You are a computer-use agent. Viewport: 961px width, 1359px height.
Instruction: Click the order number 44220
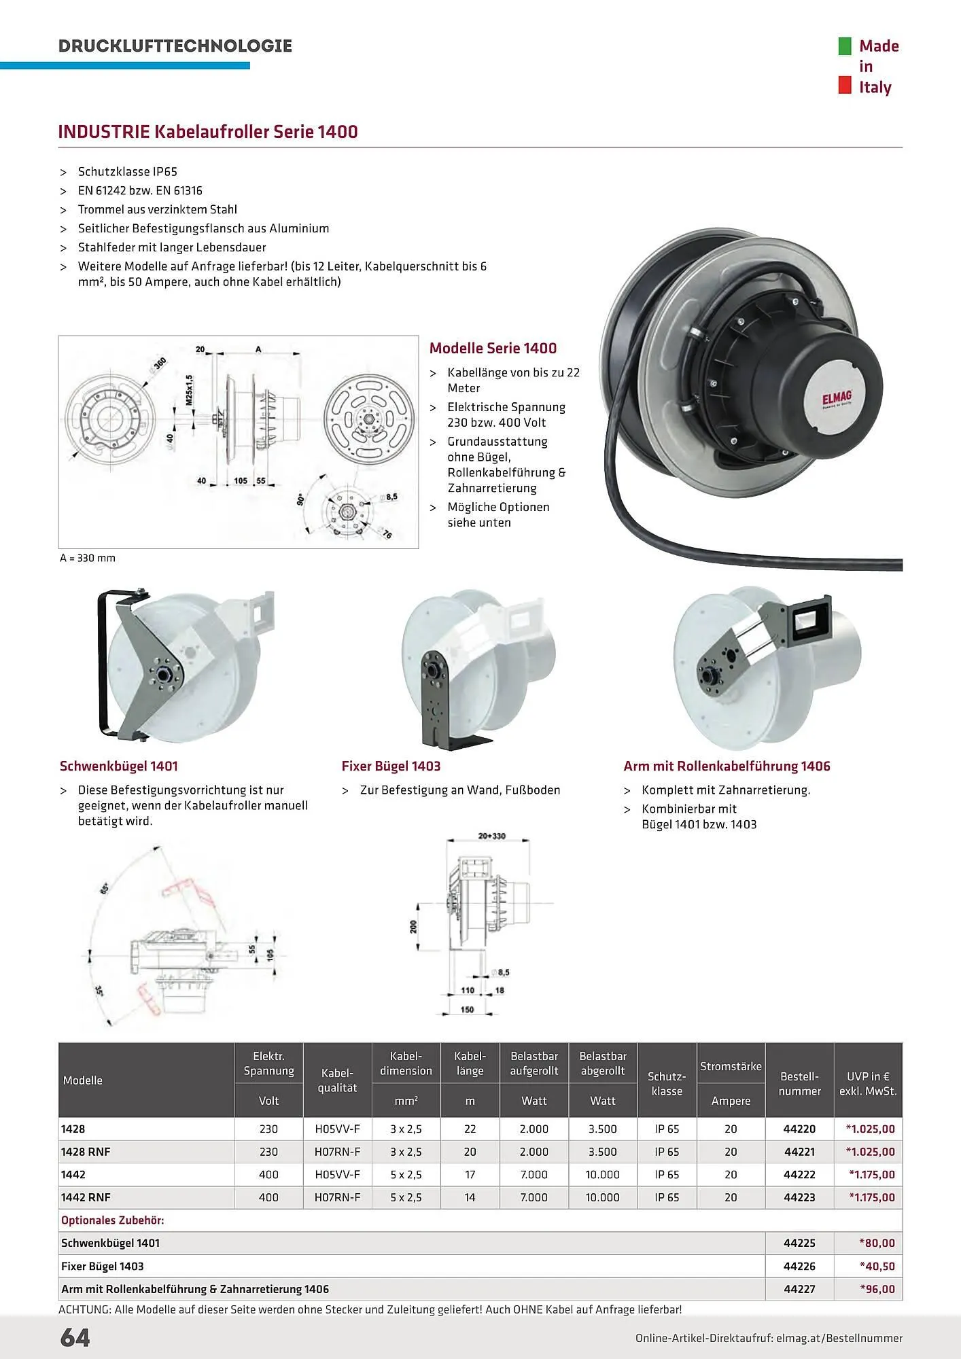(799, 1129)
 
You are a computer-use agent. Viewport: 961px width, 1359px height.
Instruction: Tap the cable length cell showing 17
(470, 1174)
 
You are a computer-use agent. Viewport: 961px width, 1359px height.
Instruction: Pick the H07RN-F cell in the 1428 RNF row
(337, 1152)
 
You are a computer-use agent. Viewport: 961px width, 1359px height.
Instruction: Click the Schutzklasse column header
(667, 1084)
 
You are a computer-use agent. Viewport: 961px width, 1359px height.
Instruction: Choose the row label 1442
(73, 1174)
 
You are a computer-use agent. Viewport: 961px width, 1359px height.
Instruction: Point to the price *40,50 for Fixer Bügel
(877, 1266)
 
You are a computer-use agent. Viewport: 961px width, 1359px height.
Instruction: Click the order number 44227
(799, 1289)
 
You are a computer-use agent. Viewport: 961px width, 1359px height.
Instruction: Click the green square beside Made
(845, 46)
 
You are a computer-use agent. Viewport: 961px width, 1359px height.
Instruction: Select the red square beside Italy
(845, 86)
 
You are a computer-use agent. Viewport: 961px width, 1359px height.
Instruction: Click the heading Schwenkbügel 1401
(119, 766)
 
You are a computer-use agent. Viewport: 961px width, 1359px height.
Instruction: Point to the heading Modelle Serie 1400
(493, 349)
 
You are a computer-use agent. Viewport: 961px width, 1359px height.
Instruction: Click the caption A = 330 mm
(88, 559)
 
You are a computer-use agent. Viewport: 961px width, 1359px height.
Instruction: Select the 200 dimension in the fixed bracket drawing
(413, 927)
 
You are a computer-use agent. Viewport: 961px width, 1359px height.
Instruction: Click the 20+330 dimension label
(492, 836)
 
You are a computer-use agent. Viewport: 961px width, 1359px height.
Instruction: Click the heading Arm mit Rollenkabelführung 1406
(727, 766)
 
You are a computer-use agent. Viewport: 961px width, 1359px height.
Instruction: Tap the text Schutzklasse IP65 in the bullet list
(128, 172)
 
